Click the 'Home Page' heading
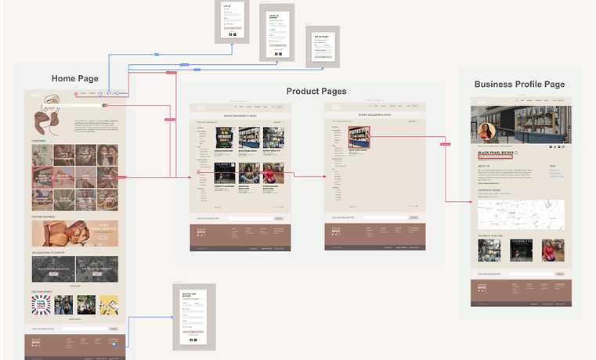click(75, 78)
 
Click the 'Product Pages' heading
click(316, 92)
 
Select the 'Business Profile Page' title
click(519, 85)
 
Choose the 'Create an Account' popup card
click(277, 32)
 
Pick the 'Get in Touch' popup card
click(321, 46)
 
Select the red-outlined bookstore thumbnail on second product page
click(359, 137)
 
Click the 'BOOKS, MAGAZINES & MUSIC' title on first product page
click(240, 115)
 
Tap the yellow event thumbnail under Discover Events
click(110, 304)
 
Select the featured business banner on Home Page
click(75, 233)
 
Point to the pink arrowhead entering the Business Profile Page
click(468, 202)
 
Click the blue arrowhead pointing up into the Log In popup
click(233, 45)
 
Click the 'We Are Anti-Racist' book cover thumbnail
click(204, 138)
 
